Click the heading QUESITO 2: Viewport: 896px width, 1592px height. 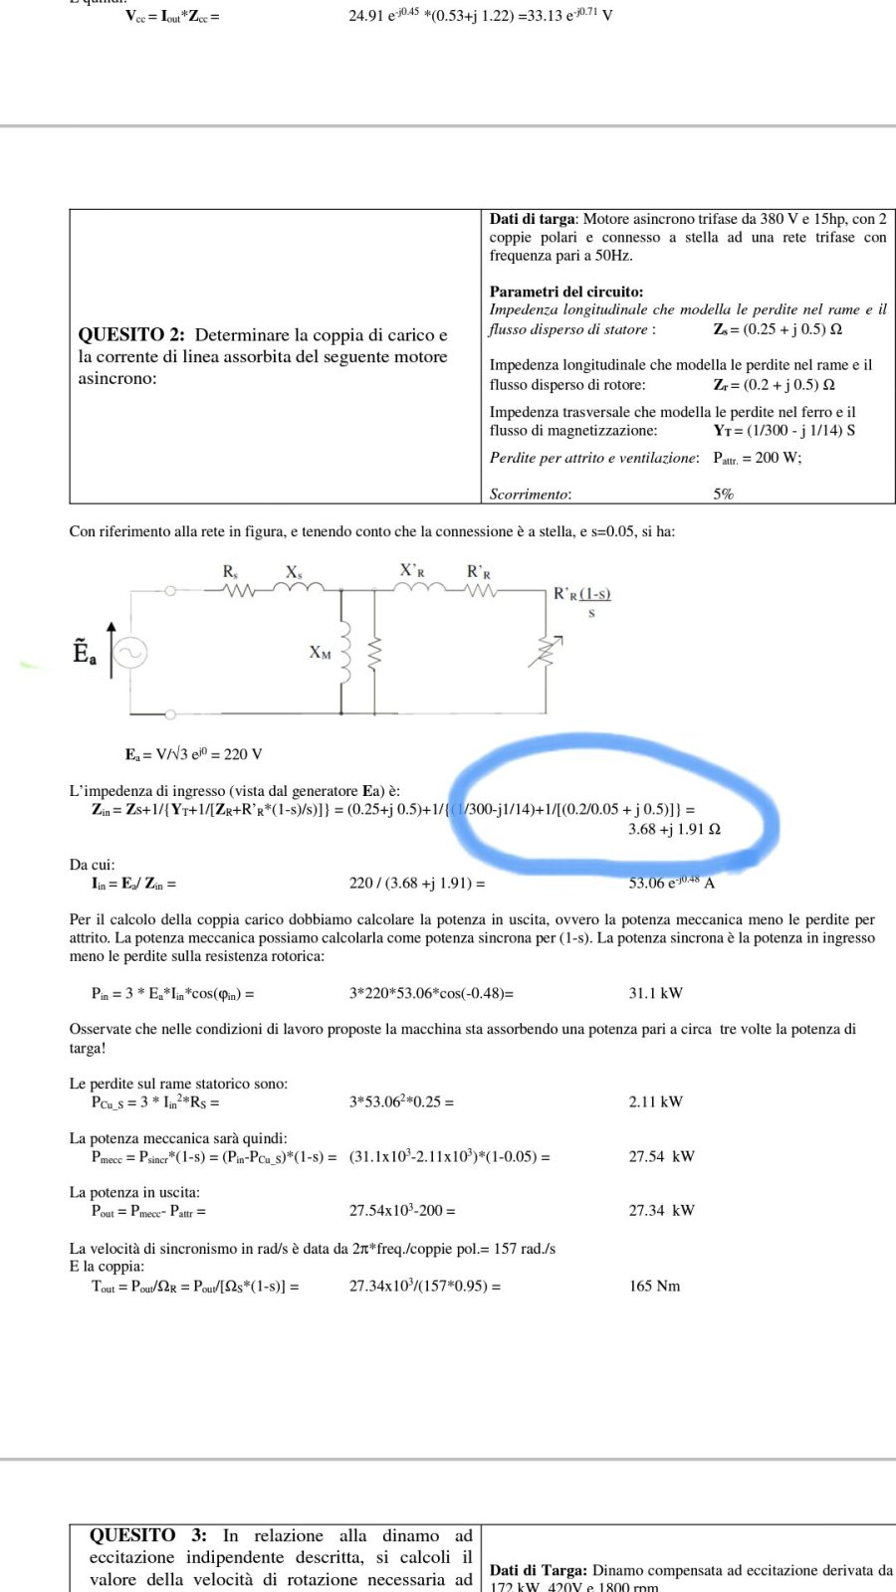click(x=132, y=335)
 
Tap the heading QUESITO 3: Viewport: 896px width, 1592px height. click(x=148, y=1535)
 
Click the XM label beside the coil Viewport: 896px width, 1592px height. click(x=320, y=653)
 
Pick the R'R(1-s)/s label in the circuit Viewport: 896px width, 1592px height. click(x=582, y=602)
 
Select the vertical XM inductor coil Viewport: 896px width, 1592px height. click(x=344, y=653)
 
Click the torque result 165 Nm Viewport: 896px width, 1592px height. click(x=654, y=1286)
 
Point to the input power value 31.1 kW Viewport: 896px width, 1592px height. click(x=655, y=993)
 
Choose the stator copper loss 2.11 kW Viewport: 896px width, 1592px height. click(x=655, y=1101)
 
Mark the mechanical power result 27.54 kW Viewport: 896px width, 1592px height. click(x=661, y=1156)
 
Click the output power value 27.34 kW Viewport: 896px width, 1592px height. click(x=661, y=1210)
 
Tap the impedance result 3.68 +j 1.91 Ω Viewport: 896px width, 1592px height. click(x=674, y=829)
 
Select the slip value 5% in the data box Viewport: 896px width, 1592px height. click(x=723, y=494)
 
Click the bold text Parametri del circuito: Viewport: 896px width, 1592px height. click(x=565, y=292)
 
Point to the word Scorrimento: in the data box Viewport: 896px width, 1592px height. click(x=530, y=494)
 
